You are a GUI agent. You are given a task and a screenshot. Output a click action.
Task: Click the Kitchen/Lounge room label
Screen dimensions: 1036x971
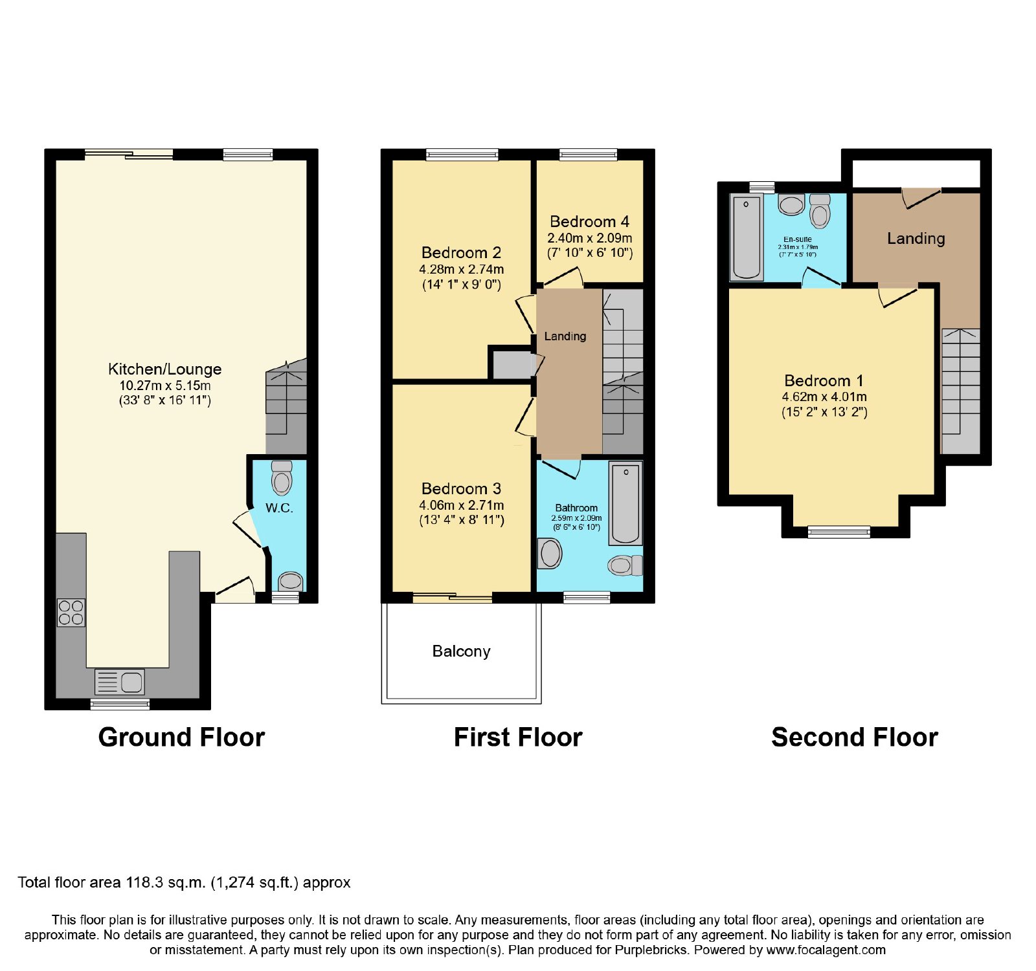[x=164, y=369]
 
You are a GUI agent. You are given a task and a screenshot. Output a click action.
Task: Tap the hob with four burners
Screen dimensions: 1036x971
[x=71, y=613]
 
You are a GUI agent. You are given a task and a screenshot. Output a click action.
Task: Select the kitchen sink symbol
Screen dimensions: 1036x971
[x=120, y=682]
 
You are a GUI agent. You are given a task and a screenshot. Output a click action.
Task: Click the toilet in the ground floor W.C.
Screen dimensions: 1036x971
[x=282, y=478]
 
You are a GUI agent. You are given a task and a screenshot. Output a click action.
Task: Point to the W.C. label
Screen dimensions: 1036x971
[x=279, y=508]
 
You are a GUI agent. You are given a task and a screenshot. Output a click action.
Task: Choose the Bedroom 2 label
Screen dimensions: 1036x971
[x=461, y=253]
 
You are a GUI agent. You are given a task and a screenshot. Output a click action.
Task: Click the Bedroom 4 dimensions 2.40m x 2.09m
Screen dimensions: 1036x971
[x=590, y=238]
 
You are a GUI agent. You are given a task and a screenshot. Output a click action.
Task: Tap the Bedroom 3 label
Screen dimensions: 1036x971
[x=461, y=489]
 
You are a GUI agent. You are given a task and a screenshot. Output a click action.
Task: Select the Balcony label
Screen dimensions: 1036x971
[x=461, y=651]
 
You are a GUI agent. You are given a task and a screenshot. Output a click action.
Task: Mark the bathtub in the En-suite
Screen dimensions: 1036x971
[x=747, y=237]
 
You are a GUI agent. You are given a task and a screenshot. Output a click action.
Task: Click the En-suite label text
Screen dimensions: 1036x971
[x=798, y=239]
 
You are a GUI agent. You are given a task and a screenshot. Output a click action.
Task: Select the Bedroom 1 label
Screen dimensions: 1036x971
[x=824, y=381]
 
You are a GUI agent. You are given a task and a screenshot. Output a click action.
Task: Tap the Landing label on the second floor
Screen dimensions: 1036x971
[x=916, y=239]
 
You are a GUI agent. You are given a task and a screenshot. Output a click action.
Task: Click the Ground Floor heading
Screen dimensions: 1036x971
[x=181, y=737]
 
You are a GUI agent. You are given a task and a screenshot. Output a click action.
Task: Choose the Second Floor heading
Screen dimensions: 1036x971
[x=855, y=737]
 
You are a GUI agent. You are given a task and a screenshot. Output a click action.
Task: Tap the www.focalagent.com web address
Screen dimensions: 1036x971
[x=826, y=950]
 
